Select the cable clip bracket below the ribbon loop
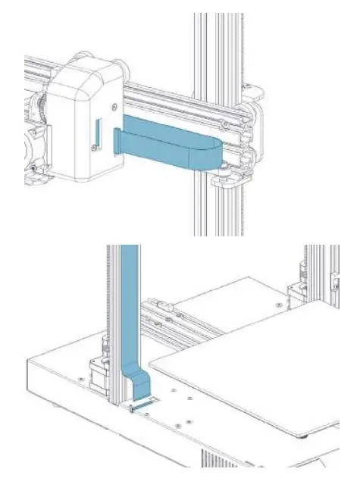click(224, 179)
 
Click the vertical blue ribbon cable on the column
click(130, 303)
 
